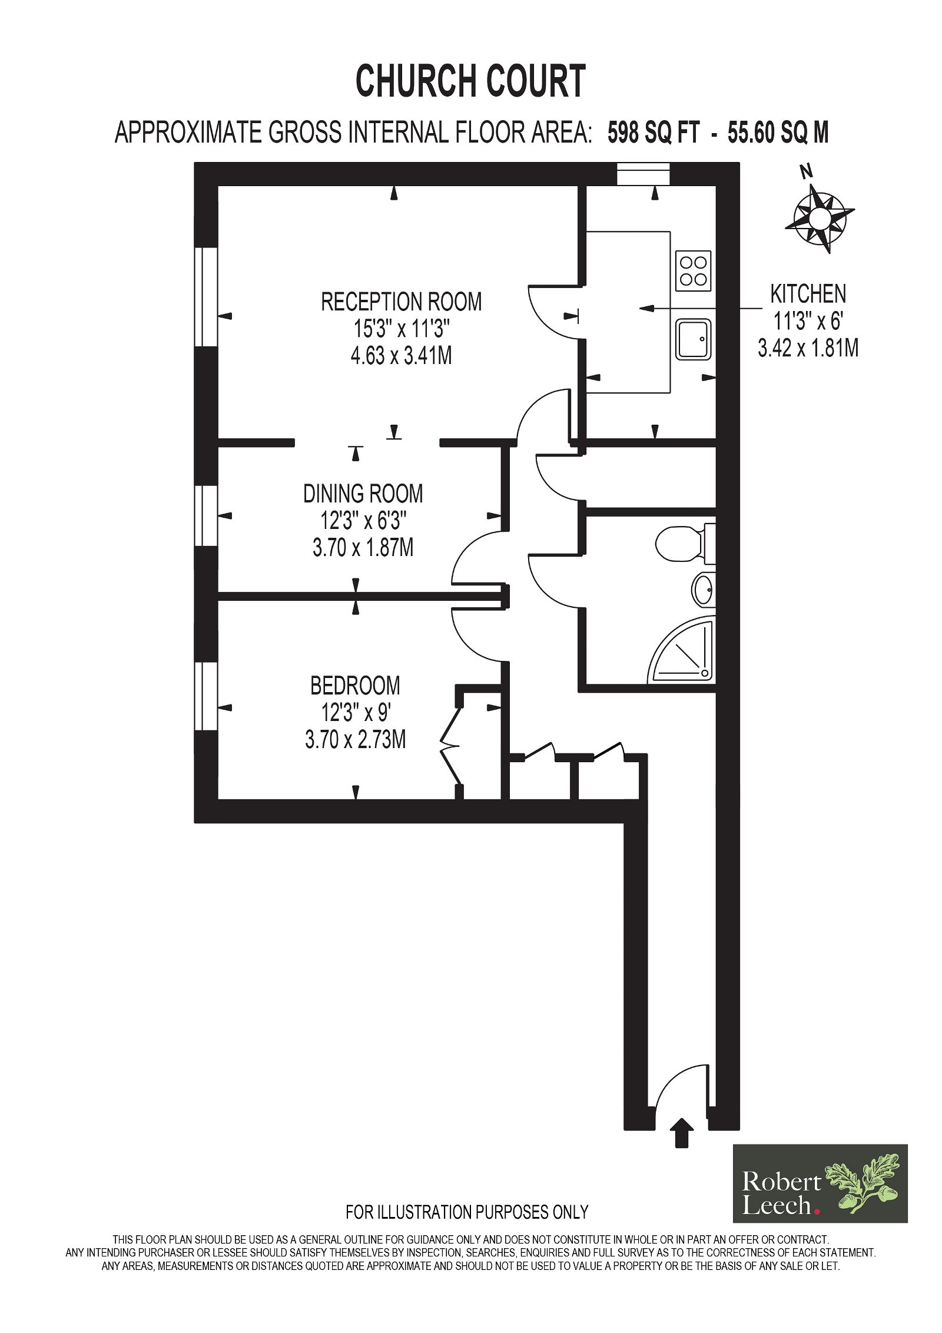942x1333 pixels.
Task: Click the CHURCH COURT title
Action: point(470,81)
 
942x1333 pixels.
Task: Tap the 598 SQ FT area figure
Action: point(653,133)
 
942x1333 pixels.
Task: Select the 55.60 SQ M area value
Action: point(778,133)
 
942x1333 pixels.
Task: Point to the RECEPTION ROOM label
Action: point(401,302)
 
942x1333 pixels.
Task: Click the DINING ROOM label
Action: point(363,494)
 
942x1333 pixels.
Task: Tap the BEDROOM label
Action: point(355,686)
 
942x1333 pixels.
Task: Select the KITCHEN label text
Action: point(808,294)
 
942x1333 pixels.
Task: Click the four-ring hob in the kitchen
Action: point(693,271)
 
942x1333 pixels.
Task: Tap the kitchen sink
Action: point(693,339)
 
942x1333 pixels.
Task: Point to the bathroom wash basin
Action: point(703,589)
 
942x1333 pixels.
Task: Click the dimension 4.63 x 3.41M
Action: point(401,356)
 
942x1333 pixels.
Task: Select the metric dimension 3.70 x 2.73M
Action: point(355,739)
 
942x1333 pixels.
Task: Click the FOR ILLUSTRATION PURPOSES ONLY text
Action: point(467,1212)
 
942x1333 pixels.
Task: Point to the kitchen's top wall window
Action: point(644,175)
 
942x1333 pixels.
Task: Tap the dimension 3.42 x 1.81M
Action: point(808,348)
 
